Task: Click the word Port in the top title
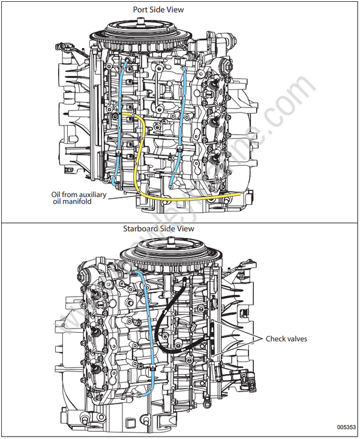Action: pyautogui.click(x=141, y=10)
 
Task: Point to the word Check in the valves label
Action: pyautogui.click(x=276, y=339)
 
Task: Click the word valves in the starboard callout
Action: pyautogui.click(x=297, y=339)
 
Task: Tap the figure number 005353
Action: pyautogui.click(x=345, y=428)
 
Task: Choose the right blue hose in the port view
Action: pyautogui.click(x=181, y=120)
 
